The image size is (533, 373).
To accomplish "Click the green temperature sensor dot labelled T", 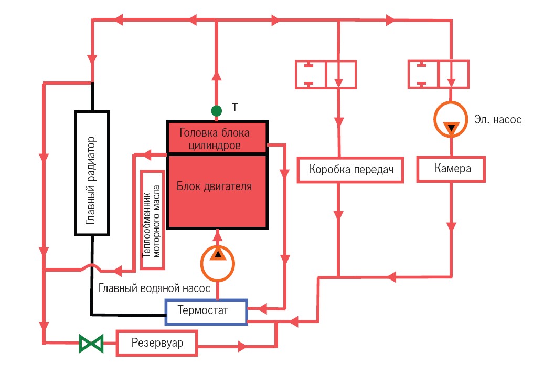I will (x=216, y=110).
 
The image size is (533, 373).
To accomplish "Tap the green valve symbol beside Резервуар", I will (x=90, y=344).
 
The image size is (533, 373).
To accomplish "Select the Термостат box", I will (x=206, y=312).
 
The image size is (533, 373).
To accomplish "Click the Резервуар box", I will (x=157, y=344).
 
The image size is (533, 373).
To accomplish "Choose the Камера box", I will (x=451, y=169).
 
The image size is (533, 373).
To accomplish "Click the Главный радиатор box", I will (x=92, y=173).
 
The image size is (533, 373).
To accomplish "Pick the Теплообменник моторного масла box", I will (x=153, y=219).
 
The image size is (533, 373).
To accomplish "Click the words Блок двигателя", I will (x=214, y=186).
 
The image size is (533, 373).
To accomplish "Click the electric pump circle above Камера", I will (x=451, y=120).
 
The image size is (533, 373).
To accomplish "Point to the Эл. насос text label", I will (x=497, y=120).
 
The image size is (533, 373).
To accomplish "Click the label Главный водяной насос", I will (x=154, y=288).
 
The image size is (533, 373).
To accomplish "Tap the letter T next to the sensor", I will (x=235, y=108).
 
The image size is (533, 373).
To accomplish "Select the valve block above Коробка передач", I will (x=326, y=74).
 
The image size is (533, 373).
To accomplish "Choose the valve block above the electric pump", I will (x=439, y=74).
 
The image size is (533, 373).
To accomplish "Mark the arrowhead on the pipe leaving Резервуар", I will (x=242, y=347).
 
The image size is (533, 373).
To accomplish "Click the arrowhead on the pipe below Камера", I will (x=451, y=227).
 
